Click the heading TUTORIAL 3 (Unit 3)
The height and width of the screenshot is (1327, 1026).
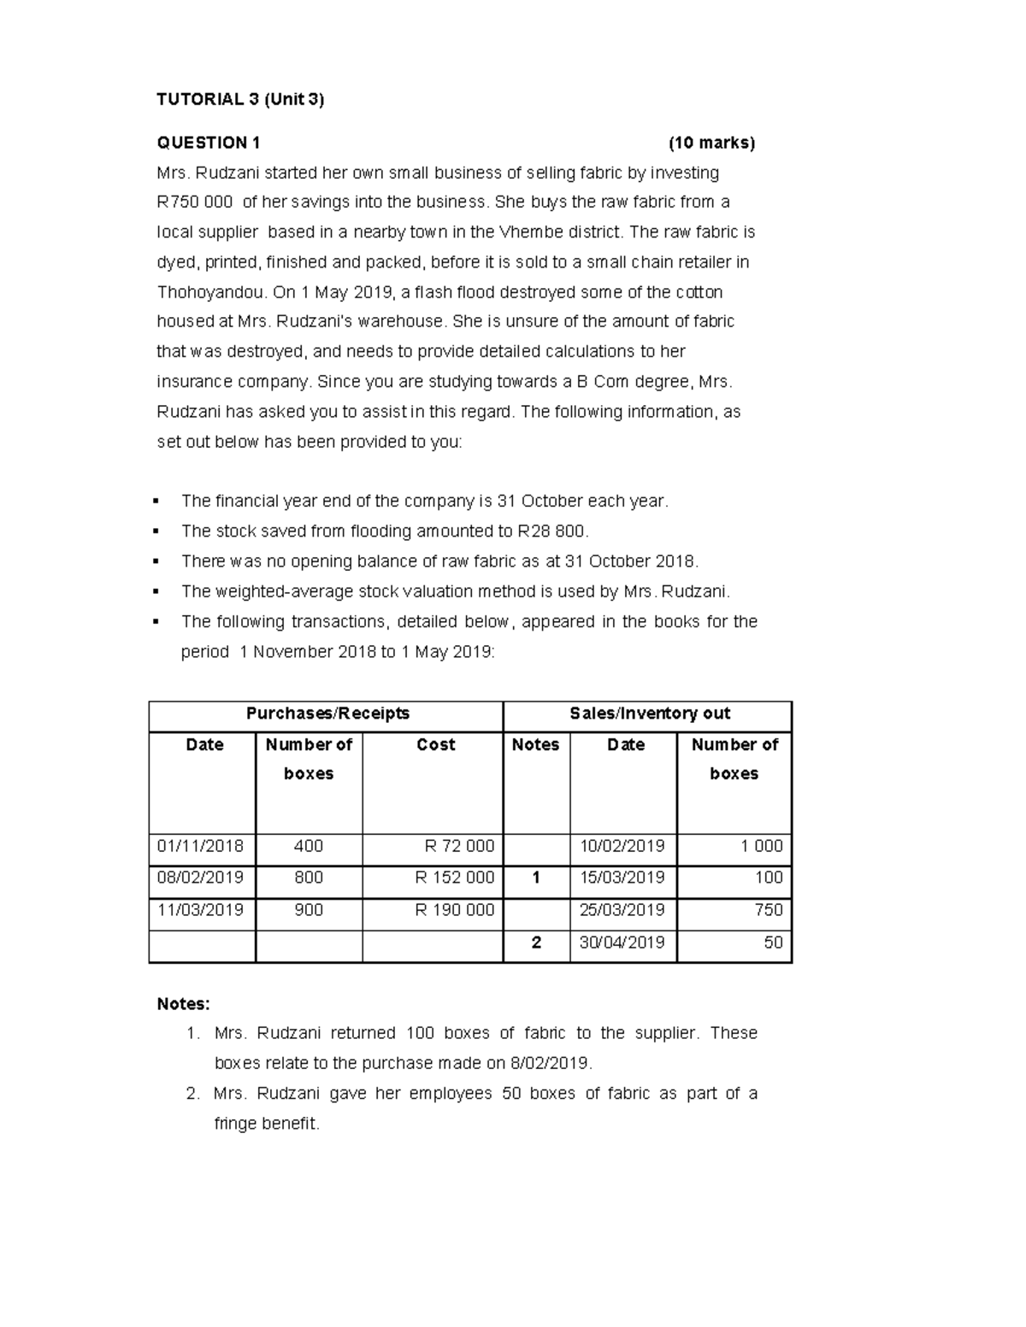tap(240, 99)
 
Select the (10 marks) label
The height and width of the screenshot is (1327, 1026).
tap(711, 143)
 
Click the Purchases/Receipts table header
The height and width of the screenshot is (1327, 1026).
tap(327, 713)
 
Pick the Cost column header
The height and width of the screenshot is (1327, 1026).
tap(435, 744)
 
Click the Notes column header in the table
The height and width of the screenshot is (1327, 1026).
tap(535, 744)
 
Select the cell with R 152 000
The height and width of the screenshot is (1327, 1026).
tap(454, 878)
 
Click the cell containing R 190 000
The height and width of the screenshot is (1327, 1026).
tap(454, 910)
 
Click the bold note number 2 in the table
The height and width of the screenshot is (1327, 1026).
tap(536, 942)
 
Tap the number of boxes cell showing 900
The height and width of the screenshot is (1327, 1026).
tap(309, 910)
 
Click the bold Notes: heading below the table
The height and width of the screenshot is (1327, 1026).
tap(183, 1003)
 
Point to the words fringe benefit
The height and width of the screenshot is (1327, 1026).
tap(265, 1124)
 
